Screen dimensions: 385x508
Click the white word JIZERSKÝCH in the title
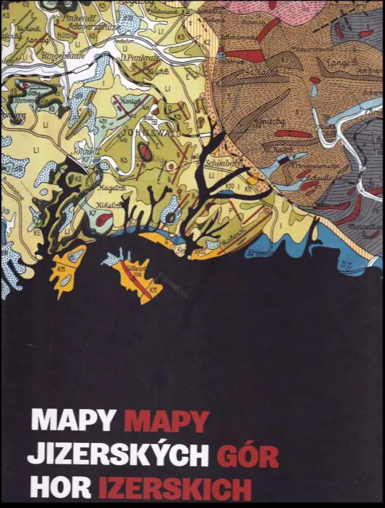click(x=118, y=455)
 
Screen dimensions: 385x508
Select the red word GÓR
click(x=248, y=455)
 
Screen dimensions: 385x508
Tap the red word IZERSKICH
click(x=174, y=488)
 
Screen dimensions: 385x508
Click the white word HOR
click(x=59, y=488)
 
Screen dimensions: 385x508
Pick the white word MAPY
click(x=74, y=421)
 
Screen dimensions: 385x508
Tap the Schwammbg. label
click(x=242, y=35)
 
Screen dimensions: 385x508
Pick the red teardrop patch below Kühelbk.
click(x=104, y=219)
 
